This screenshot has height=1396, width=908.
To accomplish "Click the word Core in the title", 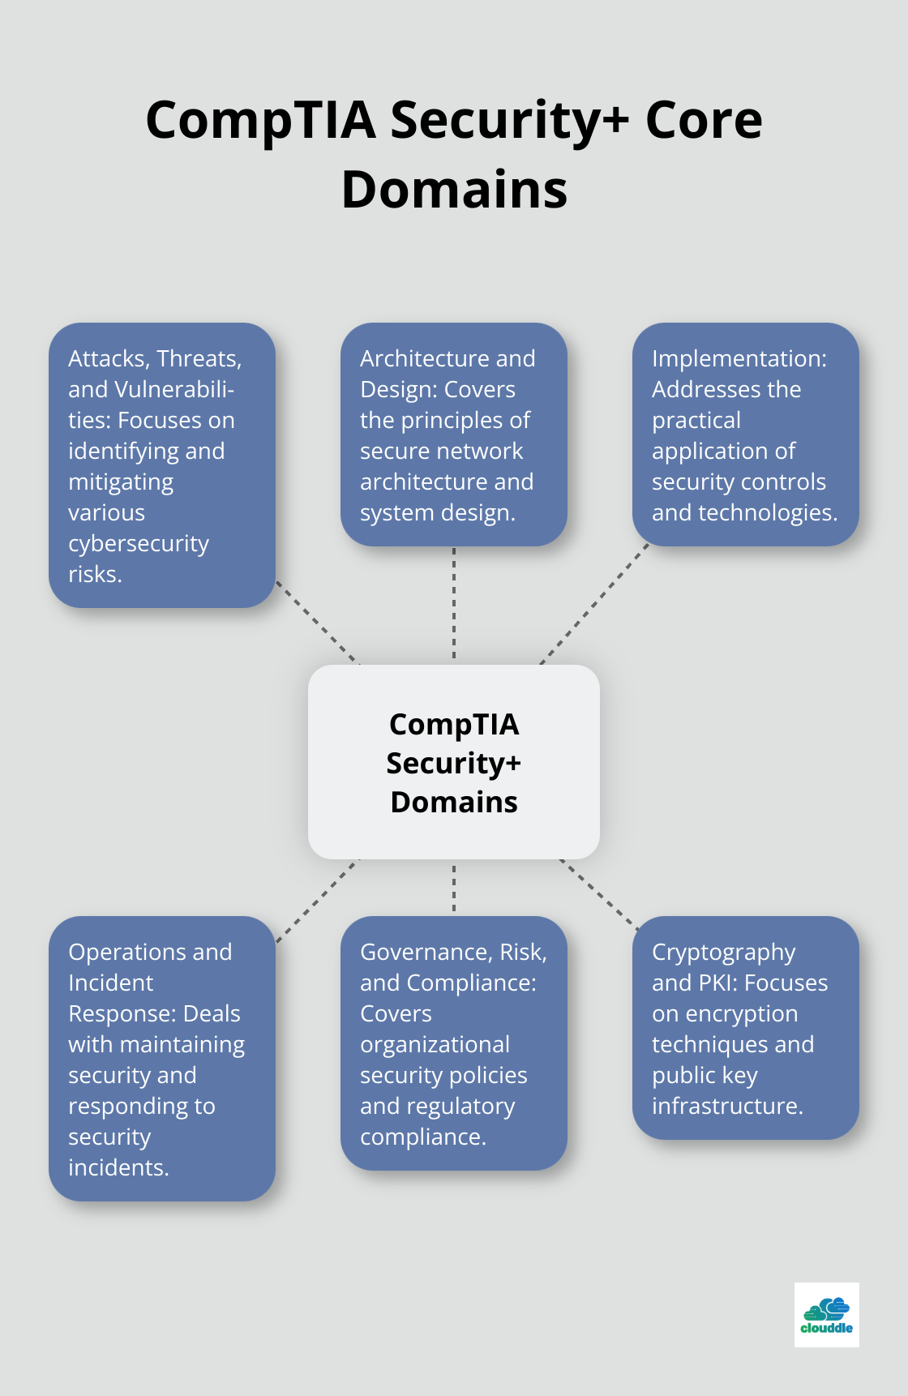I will point(703,119).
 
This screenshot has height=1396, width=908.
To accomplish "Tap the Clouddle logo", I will point(826,1314).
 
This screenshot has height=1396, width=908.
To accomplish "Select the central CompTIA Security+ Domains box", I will point(453,762).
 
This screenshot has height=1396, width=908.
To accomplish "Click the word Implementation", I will point(739,358).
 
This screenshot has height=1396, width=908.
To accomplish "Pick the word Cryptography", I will point(723,952).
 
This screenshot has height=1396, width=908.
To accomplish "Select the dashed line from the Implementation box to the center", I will point(595,603).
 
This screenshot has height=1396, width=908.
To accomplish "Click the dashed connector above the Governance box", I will point(454,888).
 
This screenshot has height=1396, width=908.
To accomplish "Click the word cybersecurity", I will point(139,543).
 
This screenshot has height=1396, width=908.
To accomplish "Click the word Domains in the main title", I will point(454,190).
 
